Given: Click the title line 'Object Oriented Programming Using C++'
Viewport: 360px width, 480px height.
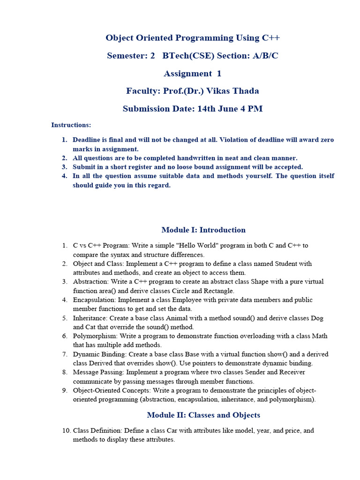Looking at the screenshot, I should click(x=192, y=38).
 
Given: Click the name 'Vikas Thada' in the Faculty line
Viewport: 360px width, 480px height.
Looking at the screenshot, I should click(x=233, y=91).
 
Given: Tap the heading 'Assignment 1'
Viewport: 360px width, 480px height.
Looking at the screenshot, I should click(x=192, y=74).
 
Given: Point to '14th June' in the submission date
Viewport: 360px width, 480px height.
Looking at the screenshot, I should click(x=217, y=109).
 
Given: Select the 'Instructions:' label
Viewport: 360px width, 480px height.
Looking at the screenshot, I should click(x=71, y=125).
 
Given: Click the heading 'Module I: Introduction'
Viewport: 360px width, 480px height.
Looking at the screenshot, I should click(x=203, y=230).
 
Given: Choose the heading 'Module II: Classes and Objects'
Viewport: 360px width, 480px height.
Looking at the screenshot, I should click(x=203, y=415).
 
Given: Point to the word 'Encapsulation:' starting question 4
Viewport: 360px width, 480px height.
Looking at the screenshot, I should click(x=94, y=300).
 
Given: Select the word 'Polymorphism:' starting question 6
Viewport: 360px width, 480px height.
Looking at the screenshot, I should click(x=95, y=336).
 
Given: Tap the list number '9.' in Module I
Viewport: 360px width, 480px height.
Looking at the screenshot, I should click(x=65, y=390).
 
